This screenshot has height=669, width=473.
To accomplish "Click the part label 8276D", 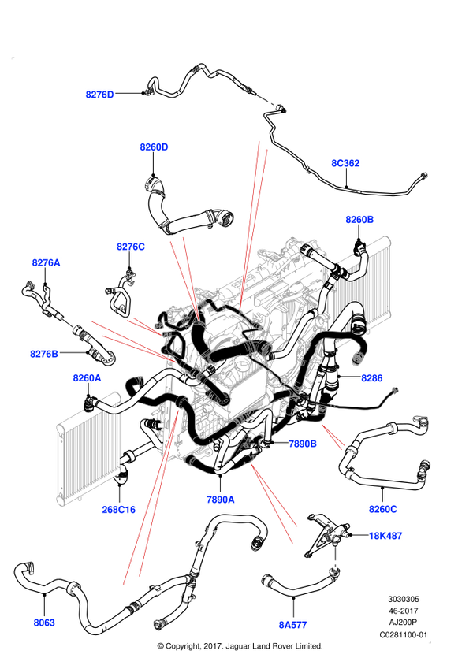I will pyautogui.click(x=100, y=95).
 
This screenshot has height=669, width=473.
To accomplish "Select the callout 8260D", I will pyautogui.click(x=155, y=147).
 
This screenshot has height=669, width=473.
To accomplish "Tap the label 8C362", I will pyautogui.click(x=345, y=164).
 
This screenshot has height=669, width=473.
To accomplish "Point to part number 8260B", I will pyautogui.click(x=359, y=219).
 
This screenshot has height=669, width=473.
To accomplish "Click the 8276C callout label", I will pyautogui.click(x=131, y=247).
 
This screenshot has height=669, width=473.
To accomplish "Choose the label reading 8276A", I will pyautogui.click(x=46, y=262).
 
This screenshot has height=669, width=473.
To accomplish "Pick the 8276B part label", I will pyautogui.click(x=44, y=354).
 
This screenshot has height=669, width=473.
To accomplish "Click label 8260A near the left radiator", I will pyautogui.click(x=88, y=378).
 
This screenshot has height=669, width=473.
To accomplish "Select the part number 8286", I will pyautogui.click(x=371, y=378).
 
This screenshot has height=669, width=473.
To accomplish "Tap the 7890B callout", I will pyautogui.click(x=303, y=444).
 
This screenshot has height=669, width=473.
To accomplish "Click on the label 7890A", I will pyautogui.click(x=221, y=500).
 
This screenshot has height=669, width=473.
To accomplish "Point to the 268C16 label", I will pyautogui.click(x=119, y=510).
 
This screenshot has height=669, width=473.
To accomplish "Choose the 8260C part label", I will pyautogui.click(x=383, y=509).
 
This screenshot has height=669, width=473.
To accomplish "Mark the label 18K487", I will pyautogui.click(x=386, y=536).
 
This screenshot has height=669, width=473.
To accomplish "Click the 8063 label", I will pyautogui.click(x=44, y=623).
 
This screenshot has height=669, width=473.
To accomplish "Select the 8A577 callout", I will pyautogui.click(x=292, y=625).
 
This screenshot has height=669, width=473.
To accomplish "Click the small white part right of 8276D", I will pyautogui.click(x=266, y=100).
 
